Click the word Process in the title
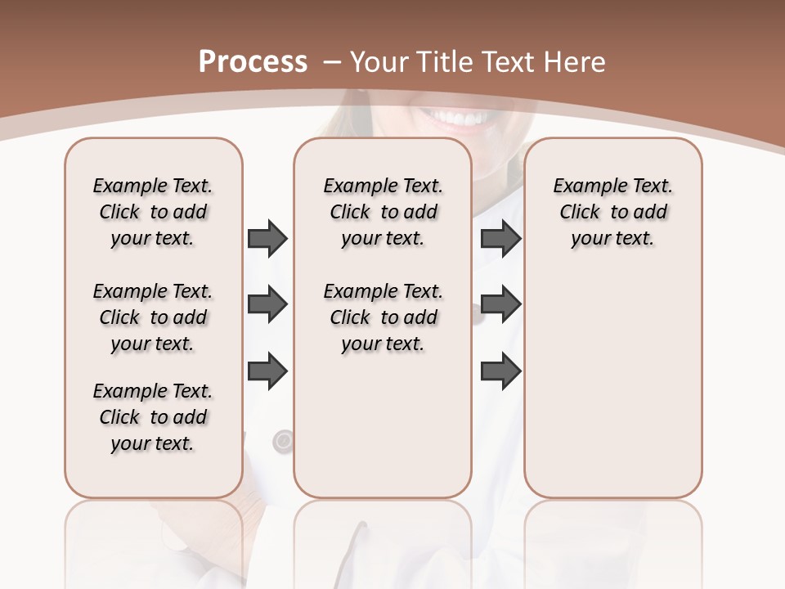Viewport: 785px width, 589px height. click(x=253, y=62)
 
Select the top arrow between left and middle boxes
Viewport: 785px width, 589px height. click(x=267, y=238)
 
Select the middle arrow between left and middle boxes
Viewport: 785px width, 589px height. click(x=267, y=305)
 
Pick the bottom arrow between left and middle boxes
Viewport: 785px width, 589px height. click(x=267, y=371)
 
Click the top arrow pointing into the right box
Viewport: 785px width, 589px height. click(x=500, y=238)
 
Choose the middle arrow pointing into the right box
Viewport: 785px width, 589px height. click(x=500, y=305)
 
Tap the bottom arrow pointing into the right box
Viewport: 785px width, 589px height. click(x=500, y=371)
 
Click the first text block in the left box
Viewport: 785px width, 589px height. click(x=153, y=212)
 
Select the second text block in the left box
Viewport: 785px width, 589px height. click(x=153, y=317)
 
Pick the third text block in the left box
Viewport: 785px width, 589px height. click(x=153, y=417)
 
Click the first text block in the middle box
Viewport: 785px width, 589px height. click(x=383, y=212)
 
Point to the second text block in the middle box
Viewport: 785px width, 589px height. click(x=383, y=317)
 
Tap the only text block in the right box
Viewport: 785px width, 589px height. click(x=612, y=212)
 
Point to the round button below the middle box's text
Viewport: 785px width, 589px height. click(x=283, y=442)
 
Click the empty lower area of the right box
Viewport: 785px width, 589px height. click(x=612, y=393)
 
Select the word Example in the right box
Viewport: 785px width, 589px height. click(x=582, y=187)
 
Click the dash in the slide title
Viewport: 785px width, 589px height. click(x=332, y=62)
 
